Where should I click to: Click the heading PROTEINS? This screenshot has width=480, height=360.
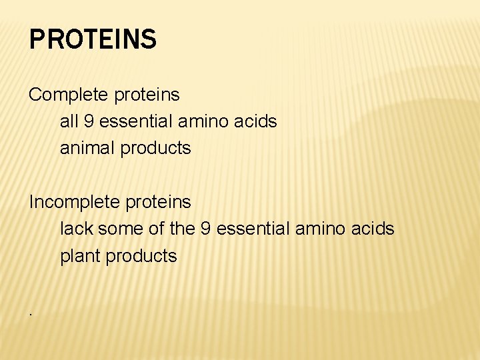(x=93, y=39)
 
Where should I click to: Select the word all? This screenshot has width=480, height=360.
(x=69, y=121)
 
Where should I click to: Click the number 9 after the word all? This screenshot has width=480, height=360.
(x=89, y=121)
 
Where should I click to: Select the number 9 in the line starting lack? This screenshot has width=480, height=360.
(x=207, y=229)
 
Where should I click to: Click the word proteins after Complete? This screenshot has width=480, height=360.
(x=147, y=95)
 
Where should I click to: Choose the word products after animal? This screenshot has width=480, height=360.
(x=155, y=148)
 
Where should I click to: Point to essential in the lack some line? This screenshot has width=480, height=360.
(x=254, y=229)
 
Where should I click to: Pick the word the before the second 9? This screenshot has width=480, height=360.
(x=181, y=229)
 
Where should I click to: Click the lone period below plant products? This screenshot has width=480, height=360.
(x=31, y=311)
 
